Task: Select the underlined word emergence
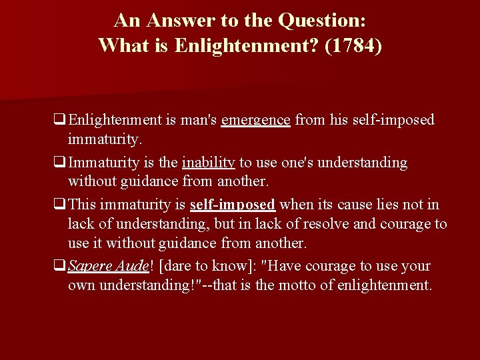point(255,120)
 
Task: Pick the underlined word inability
point(207,163)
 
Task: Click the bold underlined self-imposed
point(233,205)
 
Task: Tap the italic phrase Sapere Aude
point(109,266)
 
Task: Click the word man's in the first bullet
point(198,120)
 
